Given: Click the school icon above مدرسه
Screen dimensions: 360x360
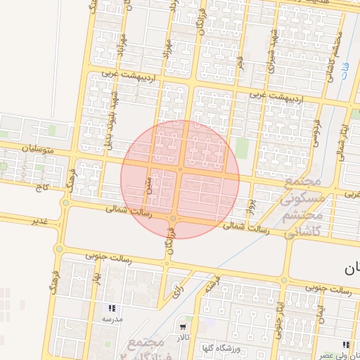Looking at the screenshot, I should [112, 308].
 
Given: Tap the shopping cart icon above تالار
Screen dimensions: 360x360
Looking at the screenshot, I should [183, 326].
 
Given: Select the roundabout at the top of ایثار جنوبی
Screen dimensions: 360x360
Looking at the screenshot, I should [284, 280].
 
